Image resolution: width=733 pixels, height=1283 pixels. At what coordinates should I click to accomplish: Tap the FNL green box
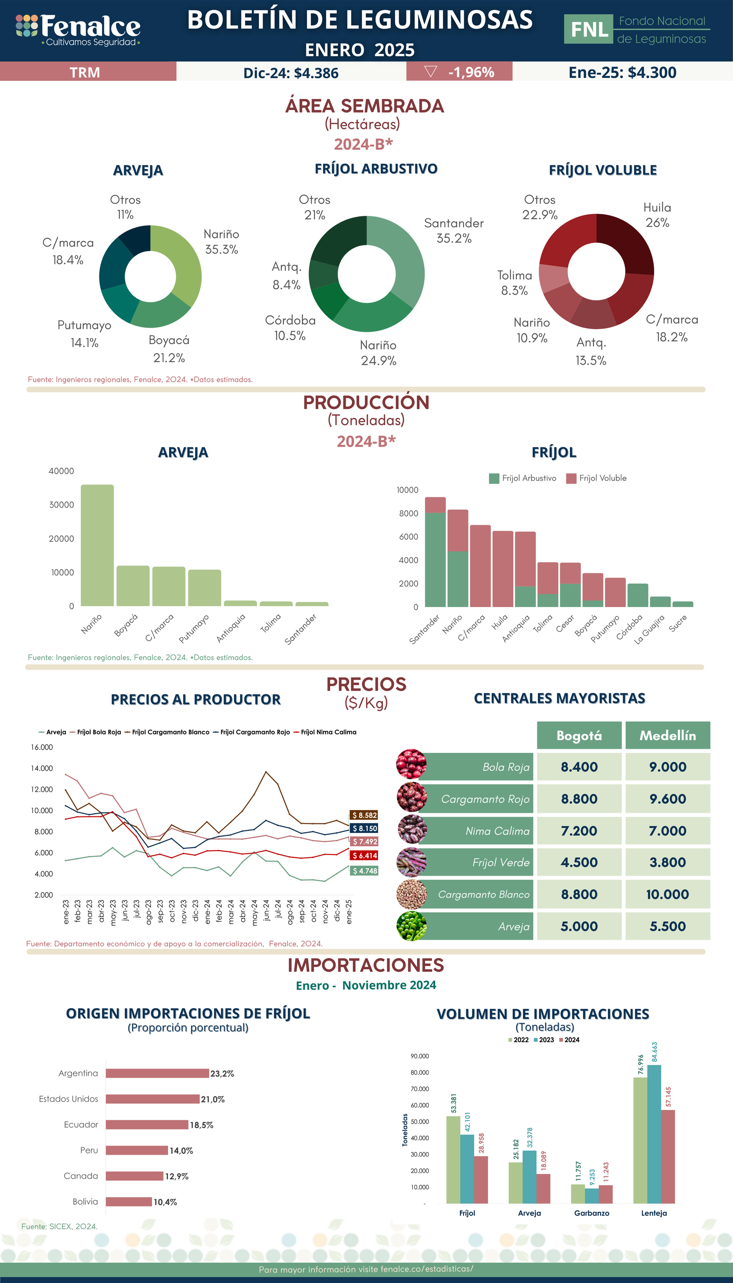[588, 29]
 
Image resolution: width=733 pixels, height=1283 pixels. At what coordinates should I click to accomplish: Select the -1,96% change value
[470, 72]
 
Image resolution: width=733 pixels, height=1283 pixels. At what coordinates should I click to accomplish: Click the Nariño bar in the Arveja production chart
[97, 545]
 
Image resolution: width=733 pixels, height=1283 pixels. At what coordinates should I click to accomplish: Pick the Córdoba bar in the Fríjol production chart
[637, 595]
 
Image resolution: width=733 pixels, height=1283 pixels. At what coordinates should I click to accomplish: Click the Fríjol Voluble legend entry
[596, 478]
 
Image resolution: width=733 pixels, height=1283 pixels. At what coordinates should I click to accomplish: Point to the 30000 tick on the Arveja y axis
[61, 505]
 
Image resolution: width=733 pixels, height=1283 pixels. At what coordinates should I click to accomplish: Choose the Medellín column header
[667, 735]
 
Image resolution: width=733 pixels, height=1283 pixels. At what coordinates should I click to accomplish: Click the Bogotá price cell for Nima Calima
[579, 831]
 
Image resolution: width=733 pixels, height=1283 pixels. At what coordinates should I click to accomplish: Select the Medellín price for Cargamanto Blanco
[667, 895]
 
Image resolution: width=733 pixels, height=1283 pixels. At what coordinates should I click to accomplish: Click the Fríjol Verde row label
[500, 862]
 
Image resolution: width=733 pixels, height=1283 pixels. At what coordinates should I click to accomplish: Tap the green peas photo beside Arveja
[411, 927]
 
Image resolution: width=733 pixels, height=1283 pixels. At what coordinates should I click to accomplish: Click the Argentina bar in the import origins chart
[157, 1074]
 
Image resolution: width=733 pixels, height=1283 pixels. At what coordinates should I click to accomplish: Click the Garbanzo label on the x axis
[591, 1213]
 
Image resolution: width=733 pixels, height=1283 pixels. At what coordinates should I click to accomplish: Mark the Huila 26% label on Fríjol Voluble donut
[657, 215]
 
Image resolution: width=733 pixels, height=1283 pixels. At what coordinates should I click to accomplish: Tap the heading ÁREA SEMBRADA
[365, 106]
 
